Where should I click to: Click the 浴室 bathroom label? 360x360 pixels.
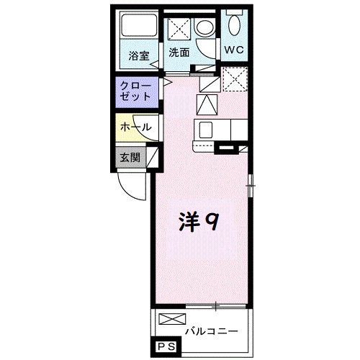click(139, 55)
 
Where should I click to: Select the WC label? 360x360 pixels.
click(234, 50)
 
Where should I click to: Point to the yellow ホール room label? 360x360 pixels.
click(135, 127)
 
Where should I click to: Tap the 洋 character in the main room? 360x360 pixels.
click(188, 221)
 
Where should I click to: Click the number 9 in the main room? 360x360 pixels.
click(212, 221)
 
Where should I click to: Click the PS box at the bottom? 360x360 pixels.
click(163, 348)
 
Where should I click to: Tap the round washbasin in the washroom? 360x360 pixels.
click(204, 28)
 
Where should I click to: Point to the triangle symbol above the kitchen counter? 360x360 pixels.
click(207, 106)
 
